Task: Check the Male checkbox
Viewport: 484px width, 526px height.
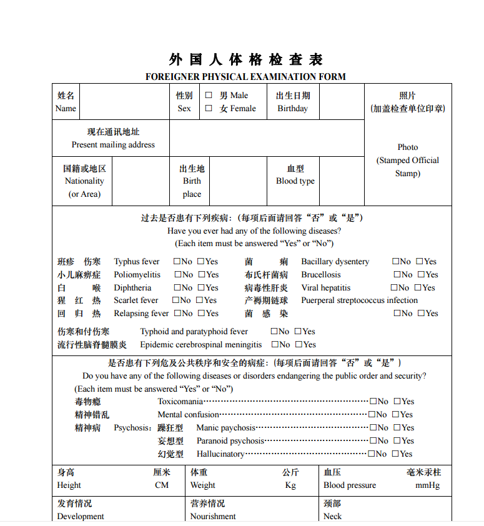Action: (x=209, y=96)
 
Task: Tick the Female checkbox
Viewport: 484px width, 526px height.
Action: (x=209, y=108)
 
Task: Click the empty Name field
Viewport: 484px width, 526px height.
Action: (x=125, y=102)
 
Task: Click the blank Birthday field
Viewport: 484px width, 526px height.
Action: (x=342, y=102)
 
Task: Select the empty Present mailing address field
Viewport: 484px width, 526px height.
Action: (x=267, y=138)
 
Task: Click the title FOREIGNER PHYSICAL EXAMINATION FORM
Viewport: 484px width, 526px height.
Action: (x=245, y=77)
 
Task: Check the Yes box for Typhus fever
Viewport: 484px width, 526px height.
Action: (x=201, y=262)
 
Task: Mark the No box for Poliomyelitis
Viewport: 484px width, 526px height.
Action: (x=178, y=275)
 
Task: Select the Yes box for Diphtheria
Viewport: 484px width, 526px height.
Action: (x=201, y=288)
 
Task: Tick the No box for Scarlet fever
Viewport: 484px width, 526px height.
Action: (x=177, y=300)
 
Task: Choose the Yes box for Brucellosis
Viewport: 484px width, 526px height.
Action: (x=421, y=275)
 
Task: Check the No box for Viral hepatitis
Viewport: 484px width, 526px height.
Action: (x=395, y=288)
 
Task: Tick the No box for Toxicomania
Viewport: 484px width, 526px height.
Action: (x=373, y=402)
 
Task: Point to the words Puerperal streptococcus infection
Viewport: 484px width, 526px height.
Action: (x=359, y=300)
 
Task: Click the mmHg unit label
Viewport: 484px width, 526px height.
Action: (x=428, y=485)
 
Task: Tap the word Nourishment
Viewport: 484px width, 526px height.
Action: (x=213, y=517)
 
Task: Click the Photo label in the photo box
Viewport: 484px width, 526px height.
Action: (x=408, y=147)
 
